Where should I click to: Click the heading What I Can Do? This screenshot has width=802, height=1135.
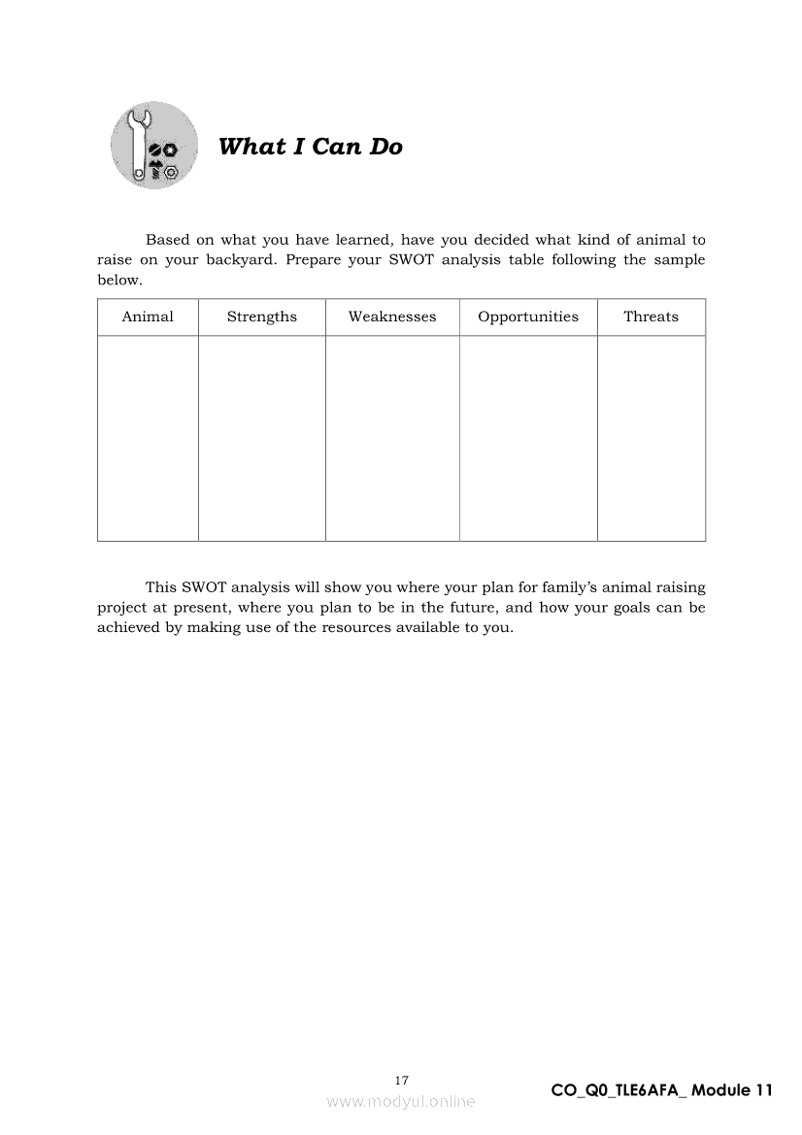coord(310,147)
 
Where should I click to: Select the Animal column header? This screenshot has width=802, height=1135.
coord(148,317)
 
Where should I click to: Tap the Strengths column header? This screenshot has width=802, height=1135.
coord(262,317)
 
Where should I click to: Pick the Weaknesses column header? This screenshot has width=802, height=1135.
coord(392,317)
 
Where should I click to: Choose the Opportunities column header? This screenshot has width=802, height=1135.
coord(528,317)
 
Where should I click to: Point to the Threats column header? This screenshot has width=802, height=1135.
coord(651,317)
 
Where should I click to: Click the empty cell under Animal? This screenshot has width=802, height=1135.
coord(148,438)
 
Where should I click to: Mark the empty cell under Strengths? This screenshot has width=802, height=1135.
coord(262,438)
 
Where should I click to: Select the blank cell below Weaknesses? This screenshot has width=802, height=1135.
coord(392,438)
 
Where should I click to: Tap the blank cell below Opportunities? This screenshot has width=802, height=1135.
coord(528,438)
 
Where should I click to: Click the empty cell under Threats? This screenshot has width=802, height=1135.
coord(651,438)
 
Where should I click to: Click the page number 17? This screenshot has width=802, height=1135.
coord(402,1080)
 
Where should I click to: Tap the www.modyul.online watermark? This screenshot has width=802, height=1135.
coord(401,1101)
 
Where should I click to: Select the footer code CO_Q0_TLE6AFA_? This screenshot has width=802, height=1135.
coord(618,1090)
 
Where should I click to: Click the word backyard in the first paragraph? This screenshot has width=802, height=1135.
coord(237,260)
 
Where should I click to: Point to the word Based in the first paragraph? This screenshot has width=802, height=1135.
coord(167,240)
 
